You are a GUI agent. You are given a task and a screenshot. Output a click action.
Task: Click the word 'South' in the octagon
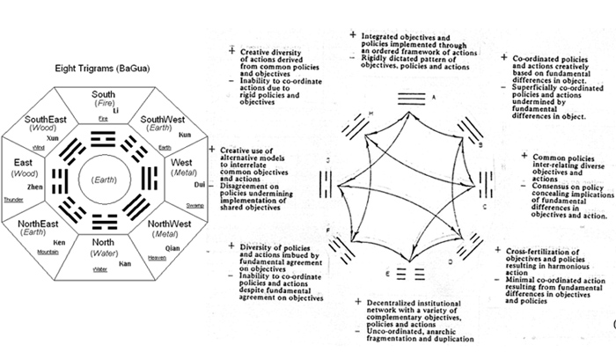point(103,94)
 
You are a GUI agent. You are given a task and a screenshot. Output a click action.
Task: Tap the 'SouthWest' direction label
point(165,120)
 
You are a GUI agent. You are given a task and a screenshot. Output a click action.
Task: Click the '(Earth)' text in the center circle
point(103,180)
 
